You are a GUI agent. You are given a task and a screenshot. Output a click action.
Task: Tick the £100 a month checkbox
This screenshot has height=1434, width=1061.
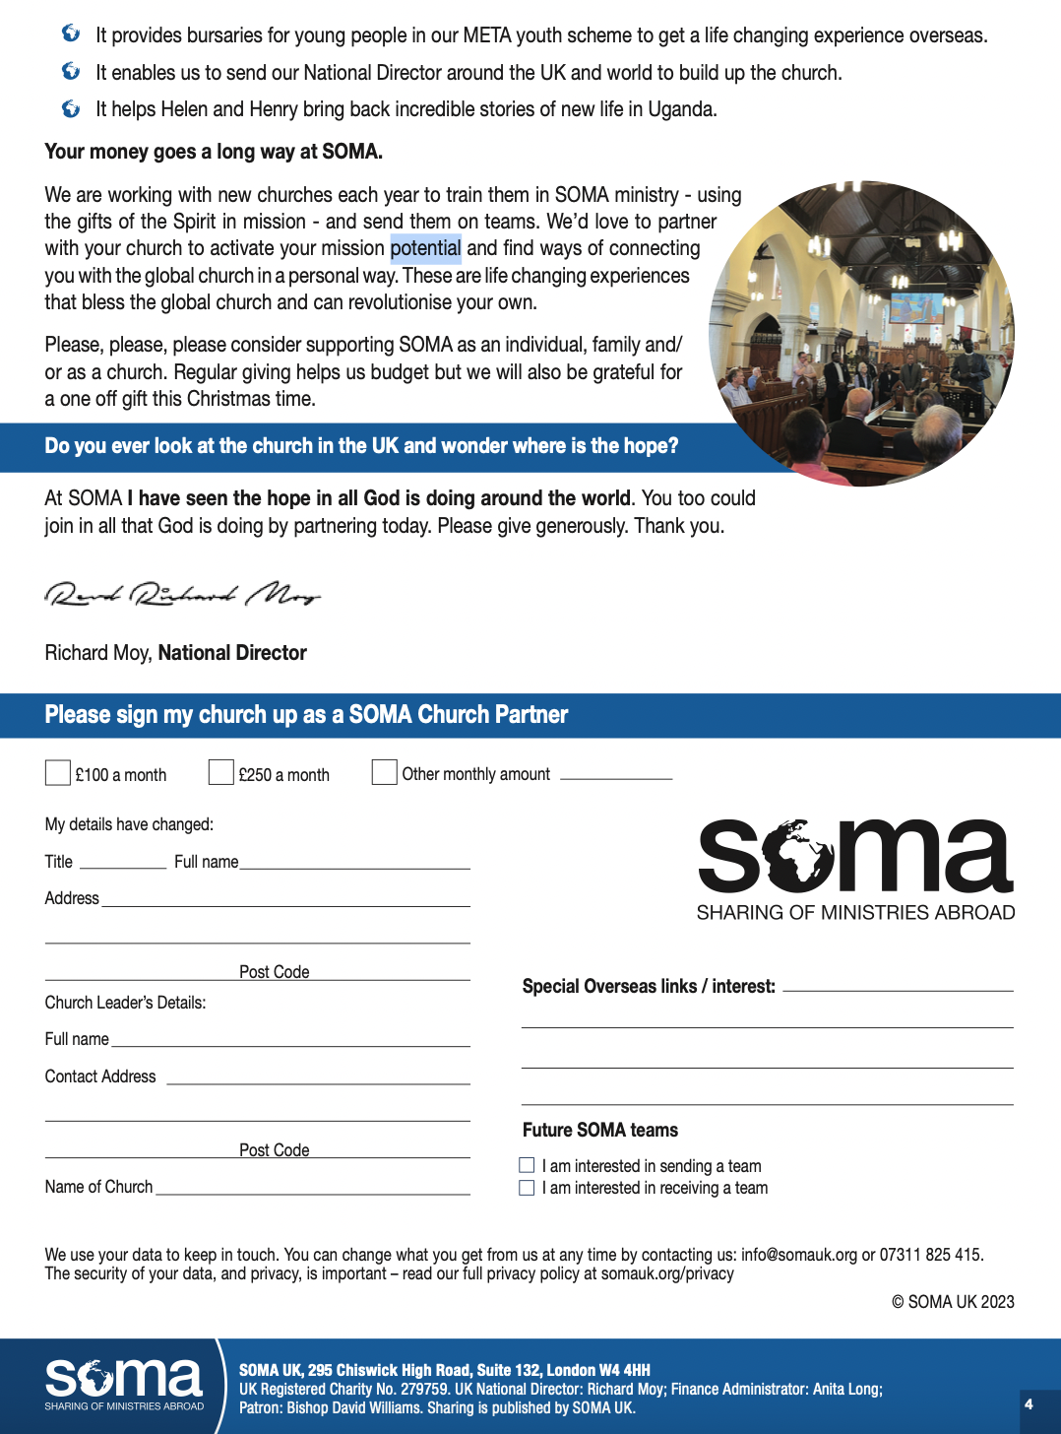58,773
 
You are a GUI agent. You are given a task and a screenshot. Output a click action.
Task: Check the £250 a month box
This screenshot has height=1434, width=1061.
221,773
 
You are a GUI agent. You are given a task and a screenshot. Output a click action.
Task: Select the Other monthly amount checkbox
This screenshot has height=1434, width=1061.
385,773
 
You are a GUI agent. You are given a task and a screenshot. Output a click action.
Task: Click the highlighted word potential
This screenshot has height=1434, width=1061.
426,248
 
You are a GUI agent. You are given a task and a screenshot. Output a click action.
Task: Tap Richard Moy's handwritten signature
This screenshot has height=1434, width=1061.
183,594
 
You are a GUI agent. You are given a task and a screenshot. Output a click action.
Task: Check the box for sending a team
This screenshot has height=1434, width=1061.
528,1165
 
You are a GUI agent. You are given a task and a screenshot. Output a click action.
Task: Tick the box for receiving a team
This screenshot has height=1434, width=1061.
528,1188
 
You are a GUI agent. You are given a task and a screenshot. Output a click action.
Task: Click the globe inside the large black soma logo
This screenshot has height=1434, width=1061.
800,854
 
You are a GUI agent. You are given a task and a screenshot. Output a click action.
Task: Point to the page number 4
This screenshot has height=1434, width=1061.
1029,1404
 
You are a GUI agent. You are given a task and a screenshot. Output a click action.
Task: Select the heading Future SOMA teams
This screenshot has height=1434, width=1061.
600,1130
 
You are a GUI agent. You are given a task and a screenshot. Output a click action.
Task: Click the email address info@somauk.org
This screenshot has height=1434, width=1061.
799,1255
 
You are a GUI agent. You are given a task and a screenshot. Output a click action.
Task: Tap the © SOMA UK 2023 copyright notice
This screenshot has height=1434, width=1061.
953,1302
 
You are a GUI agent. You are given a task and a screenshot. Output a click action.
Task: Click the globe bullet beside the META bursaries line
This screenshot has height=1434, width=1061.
71,33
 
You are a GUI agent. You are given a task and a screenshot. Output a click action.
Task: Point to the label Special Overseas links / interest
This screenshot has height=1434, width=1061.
649,986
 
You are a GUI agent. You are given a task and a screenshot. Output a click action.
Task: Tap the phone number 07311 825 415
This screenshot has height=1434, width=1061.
930,1255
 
